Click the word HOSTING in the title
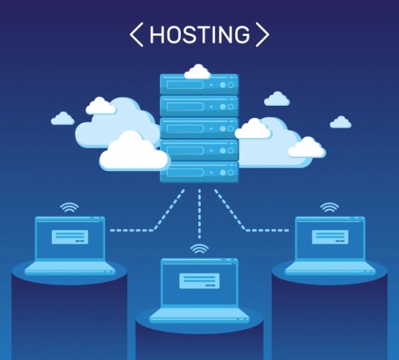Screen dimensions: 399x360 pyautogui.click(x=199, y=35)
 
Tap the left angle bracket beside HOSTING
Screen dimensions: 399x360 pyautogui.click(x=136, y=35)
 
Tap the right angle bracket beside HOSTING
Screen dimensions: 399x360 pyautogui.click(x=263, y=35)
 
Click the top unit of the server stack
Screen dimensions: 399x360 pyautogui.click(x=199, y=85)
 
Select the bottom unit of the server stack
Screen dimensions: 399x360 pyautogui.click(x=199, y=172)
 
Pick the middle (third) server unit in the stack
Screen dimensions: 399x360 pyautogui.click(x=199, y=128)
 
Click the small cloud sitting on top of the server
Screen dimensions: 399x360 pyautogui.click(x=198, y=72)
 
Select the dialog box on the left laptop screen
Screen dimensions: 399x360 pyautogui.click(x=70, y=237)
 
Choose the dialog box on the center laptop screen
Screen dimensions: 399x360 pyautogui.click(x=199, y=281)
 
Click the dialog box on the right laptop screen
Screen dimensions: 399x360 pyautogui.click(x=330, y=237)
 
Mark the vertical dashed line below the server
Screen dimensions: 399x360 pyautogui.click(x=199, y=214)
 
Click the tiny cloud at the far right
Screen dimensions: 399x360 pyautogui.click(x=340, y=122)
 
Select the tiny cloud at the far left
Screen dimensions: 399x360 pyautogui.click(x=63, y=118)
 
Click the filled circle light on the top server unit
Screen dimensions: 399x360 pyautogui.click(x=223, y=85)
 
